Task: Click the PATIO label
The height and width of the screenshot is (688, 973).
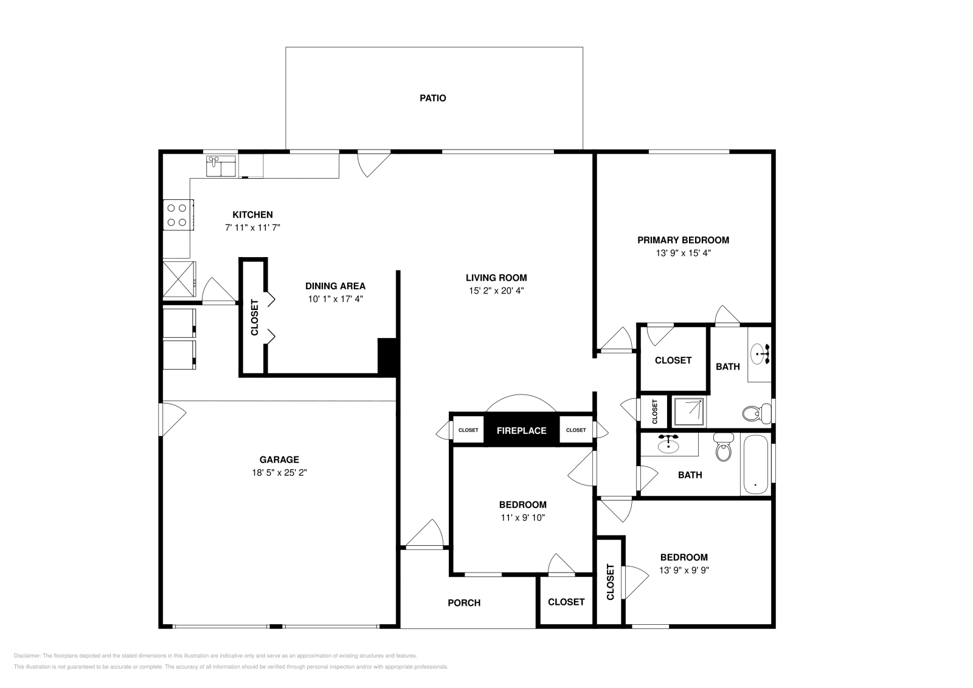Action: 432,98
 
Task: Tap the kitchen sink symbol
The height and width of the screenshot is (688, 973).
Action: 221,166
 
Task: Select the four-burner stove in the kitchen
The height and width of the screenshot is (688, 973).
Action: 178,215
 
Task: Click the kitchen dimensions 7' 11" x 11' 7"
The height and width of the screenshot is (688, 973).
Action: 252,227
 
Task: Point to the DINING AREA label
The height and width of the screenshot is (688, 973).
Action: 335,286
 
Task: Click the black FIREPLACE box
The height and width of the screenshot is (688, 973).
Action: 521,430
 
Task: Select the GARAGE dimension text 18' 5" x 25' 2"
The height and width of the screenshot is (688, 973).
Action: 279,472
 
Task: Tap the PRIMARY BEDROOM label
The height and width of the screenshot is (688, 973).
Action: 683,240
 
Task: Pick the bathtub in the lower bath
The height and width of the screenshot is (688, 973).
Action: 755,465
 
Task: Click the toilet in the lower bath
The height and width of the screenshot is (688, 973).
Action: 723,449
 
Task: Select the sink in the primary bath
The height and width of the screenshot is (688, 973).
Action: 759,353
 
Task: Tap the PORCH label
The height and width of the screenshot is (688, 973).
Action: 464,603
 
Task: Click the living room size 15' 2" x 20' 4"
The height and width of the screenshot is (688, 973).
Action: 496,291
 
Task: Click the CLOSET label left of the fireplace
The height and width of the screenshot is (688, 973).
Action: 468,430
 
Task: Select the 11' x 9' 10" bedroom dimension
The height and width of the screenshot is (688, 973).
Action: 522,518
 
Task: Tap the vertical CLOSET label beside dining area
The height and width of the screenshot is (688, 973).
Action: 254,317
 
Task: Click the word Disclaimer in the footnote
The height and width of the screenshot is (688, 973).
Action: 26,656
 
